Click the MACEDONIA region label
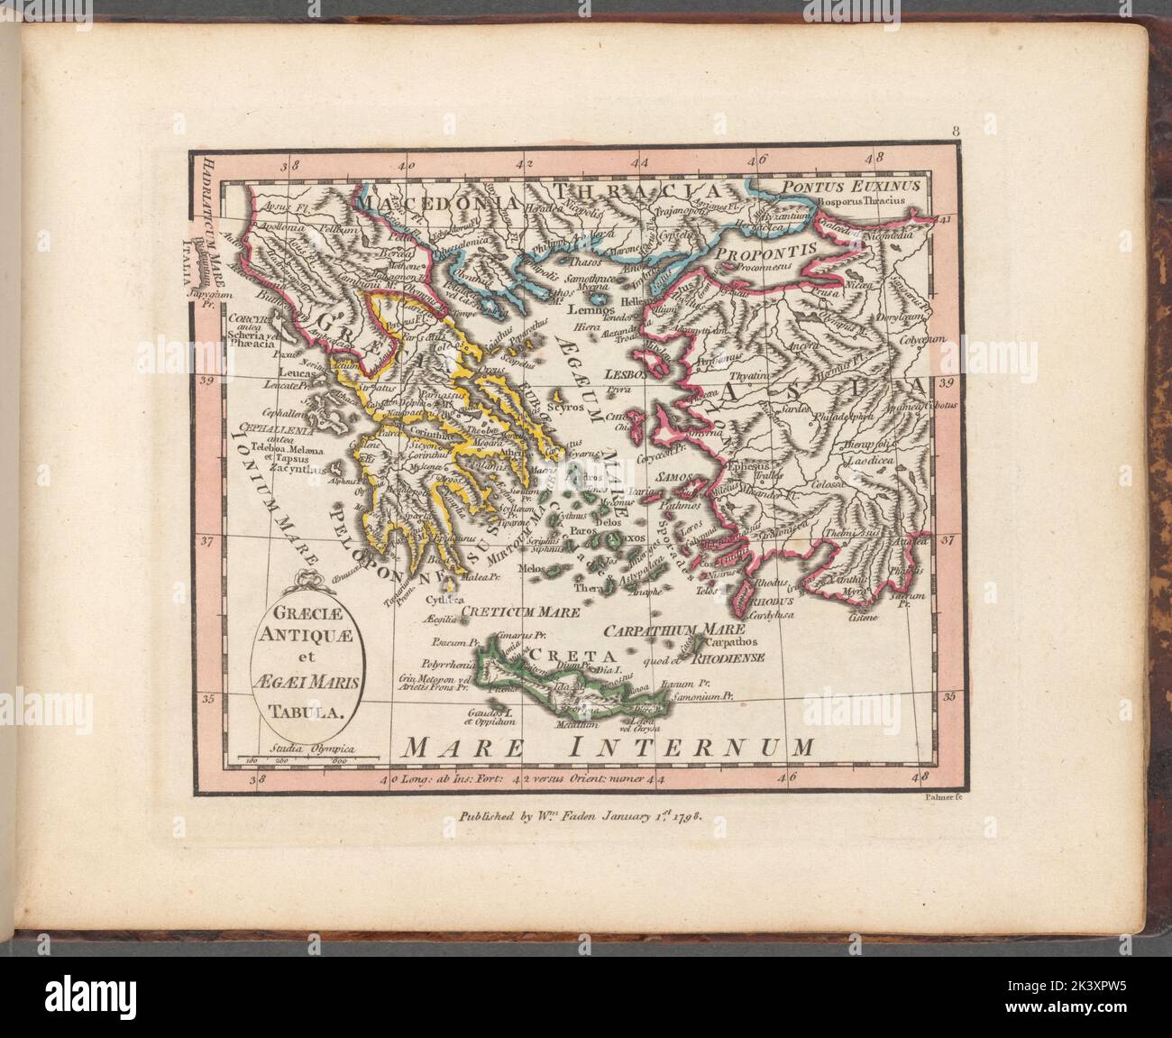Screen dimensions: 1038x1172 (434, 204)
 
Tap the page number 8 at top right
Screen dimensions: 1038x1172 (954, 133)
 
